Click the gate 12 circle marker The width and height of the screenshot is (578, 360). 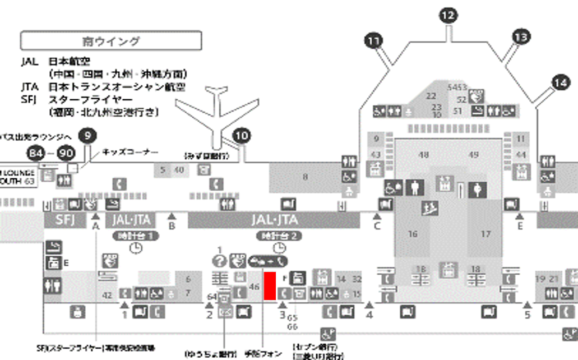click(x=448, y=16)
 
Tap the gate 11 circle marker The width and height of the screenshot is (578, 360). click(x=373, y=40)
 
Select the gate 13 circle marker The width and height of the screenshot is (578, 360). click(x=521, y=38)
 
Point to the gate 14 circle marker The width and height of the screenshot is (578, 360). click(x=560, y=82)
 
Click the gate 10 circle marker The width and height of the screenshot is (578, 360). click(x=242, y=135)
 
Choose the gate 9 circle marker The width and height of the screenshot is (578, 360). click(x=87, y=135)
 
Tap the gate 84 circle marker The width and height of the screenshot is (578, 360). click(x=36, y=153)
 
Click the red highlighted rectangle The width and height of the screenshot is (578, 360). click(x=270, y=285)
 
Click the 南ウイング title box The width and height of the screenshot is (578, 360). click(x=110, y=41)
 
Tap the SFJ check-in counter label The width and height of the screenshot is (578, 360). click(x=64, y=219)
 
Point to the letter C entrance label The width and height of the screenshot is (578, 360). click(x=377, y=226)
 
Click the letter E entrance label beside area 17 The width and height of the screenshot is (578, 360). click(x=520, y=226)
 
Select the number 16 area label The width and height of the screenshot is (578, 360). click(x=413, y=234)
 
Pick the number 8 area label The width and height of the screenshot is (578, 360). click(x=305, y=177)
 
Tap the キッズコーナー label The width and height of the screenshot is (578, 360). click(x=130, y=152)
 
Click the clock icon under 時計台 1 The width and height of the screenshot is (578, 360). click(x=136, y=247)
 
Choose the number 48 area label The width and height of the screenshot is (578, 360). click(x=424, y=154)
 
